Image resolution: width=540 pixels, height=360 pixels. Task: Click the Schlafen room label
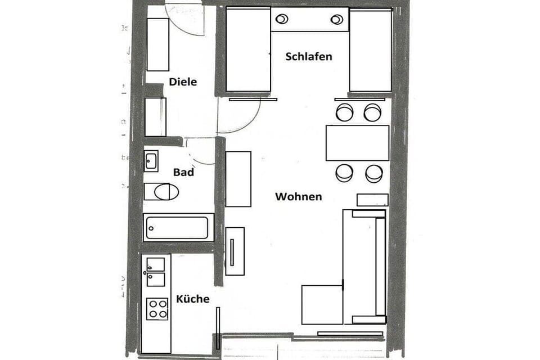coord(308,56)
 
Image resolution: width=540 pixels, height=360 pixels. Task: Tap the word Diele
coord(183,82)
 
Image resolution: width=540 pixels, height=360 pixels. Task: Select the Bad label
coord(183,172)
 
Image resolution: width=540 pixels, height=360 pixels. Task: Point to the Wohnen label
coord(298,196)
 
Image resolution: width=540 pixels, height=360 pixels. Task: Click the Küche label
coord(192,299)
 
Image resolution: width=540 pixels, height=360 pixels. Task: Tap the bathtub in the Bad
coord(178,227)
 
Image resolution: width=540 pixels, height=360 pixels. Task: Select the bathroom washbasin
coord(151,161)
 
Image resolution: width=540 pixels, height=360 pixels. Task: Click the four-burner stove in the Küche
coord(157,308)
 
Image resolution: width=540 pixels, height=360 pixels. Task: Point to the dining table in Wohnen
coord(357,143)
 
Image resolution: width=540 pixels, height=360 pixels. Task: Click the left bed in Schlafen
coord(248,49)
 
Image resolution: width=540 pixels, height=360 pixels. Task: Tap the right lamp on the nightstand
coord(336,20)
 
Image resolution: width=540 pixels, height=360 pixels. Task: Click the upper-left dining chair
coord(344,112)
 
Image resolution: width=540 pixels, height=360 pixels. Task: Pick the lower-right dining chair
coord(374,173)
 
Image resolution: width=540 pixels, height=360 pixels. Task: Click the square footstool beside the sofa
coord(322,304)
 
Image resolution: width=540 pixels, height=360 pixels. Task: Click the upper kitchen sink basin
coord(156,264)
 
